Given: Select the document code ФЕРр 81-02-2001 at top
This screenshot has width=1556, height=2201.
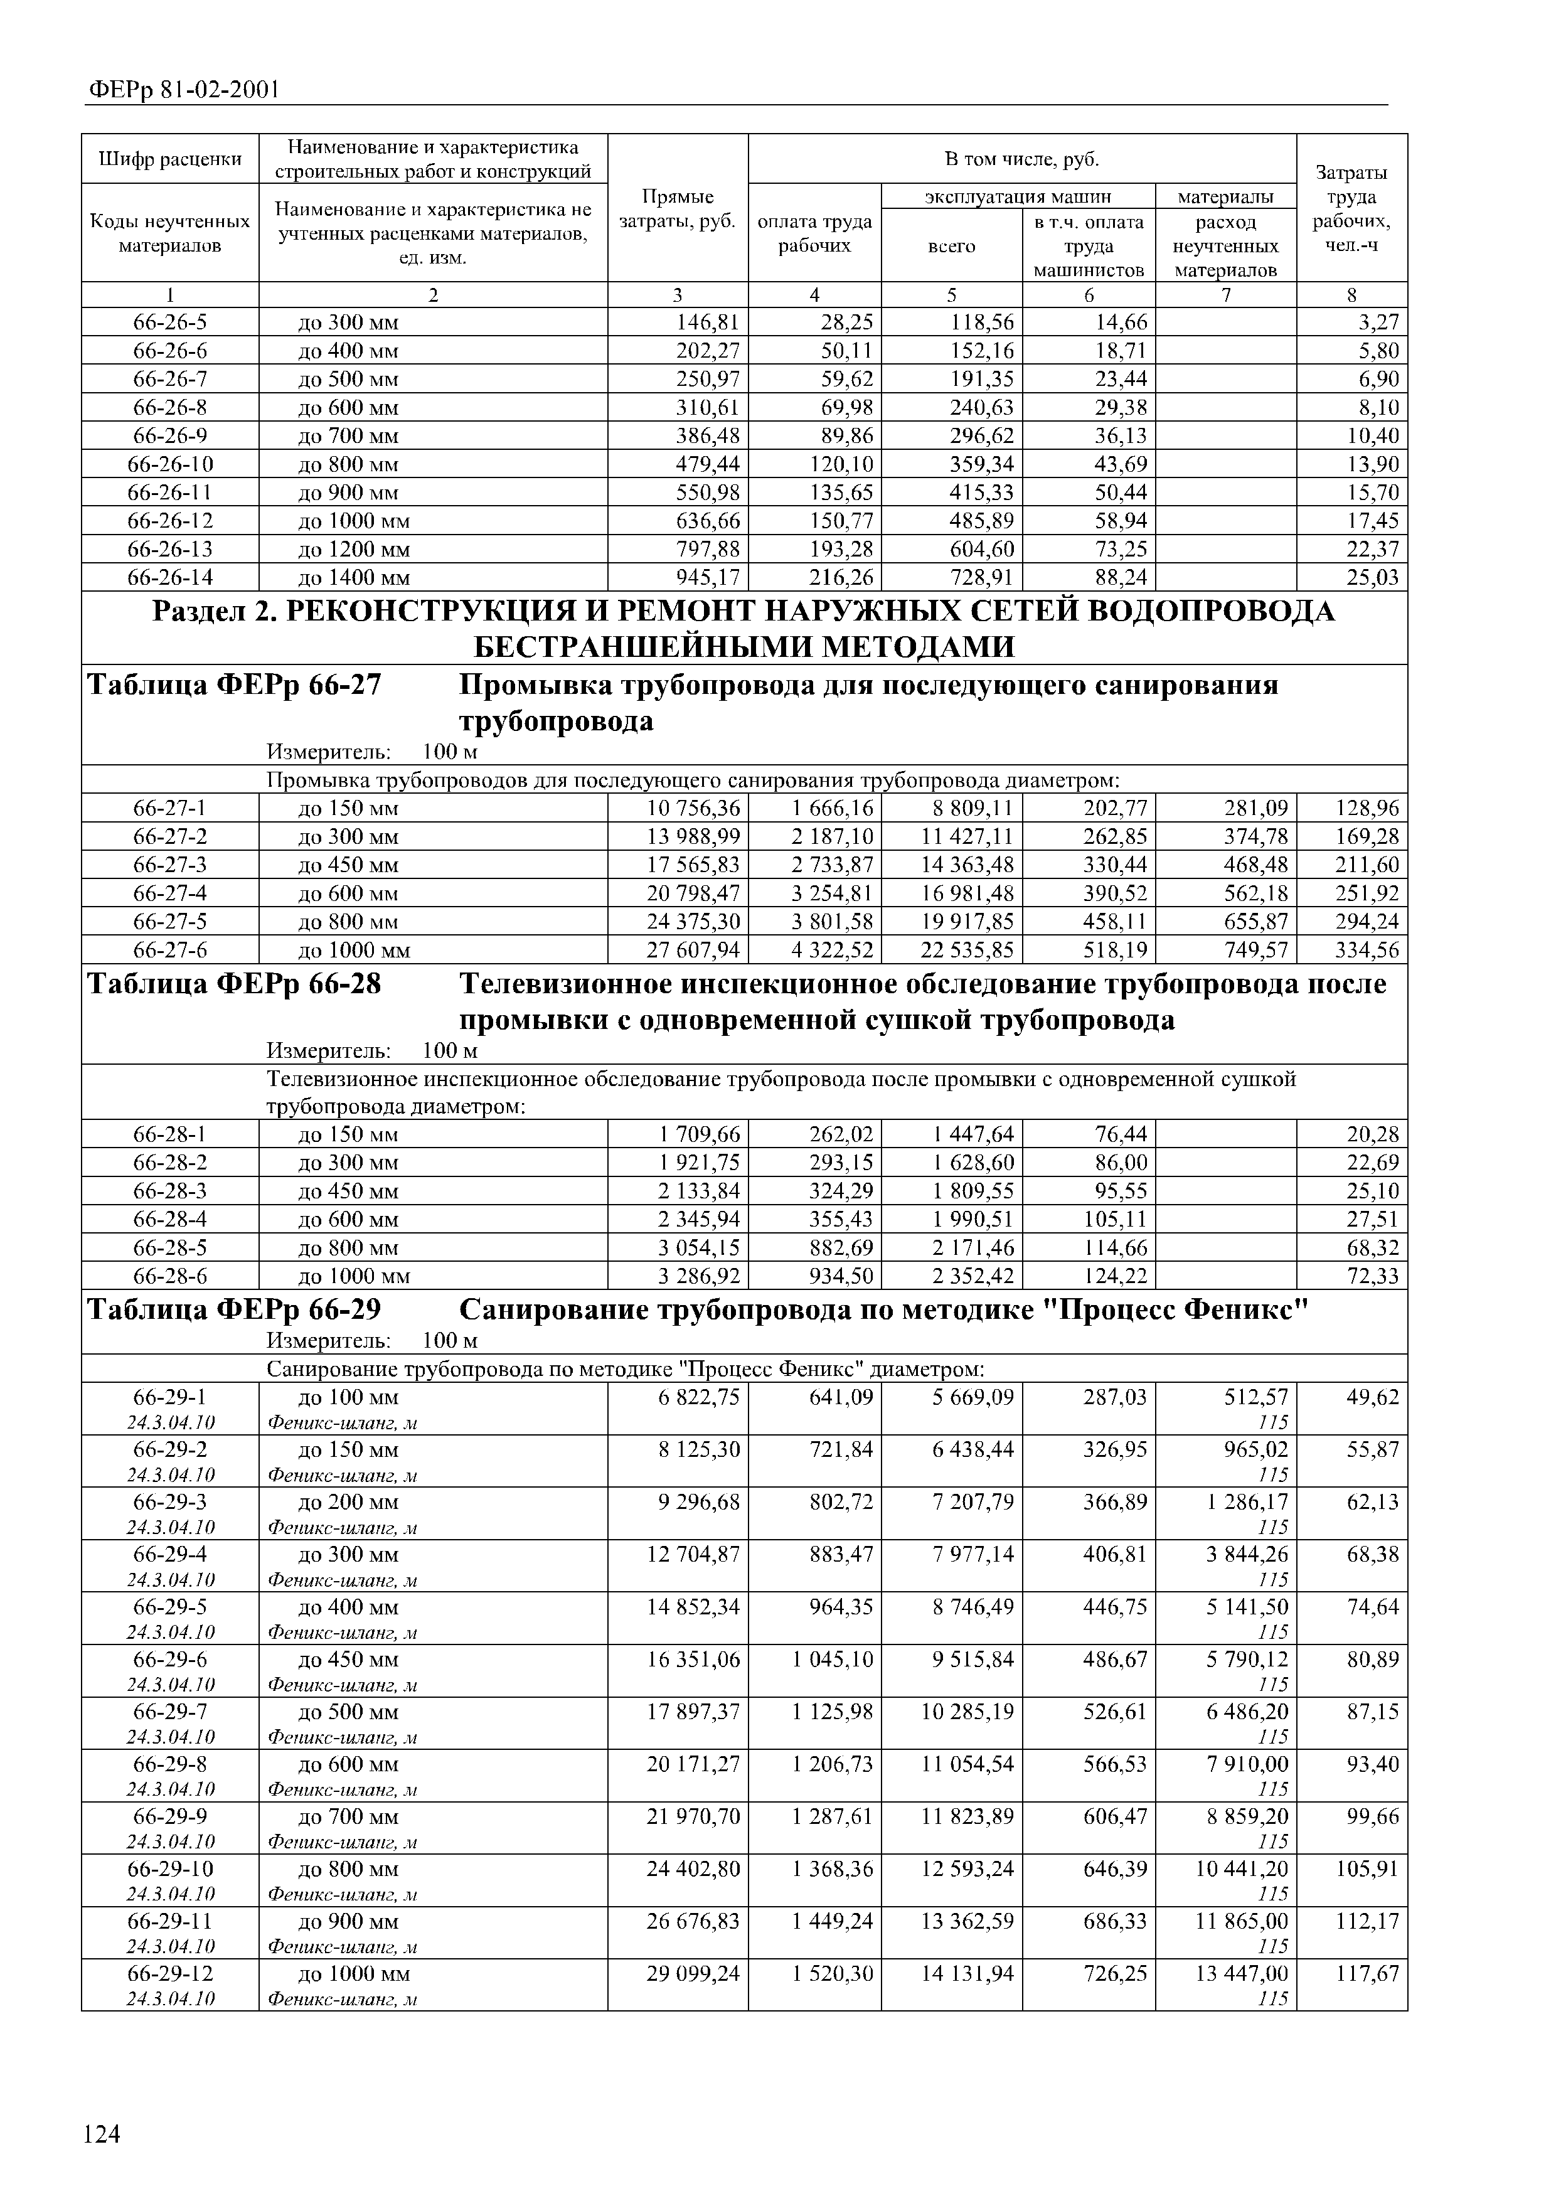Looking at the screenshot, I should (x=183, y=90).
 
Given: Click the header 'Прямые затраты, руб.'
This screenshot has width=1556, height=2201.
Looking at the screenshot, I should (x=677, y=209).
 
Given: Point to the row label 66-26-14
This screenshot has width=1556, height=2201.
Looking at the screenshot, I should (x=169, y=577).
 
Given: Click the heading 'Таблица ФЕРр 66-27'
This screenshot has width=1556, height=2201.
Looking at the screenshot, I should (x=234, y=685).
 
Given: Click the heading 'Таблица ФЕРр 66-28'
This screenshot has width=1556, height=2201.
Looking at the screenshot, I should (x=234, y=984).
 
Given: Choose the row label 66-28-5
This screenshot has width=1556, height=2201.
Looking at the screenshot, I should (x=169, y=1247).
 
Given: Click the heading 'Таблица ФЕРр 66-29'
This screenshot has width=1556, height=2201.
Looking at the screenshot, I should (x=234, y=1309).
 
